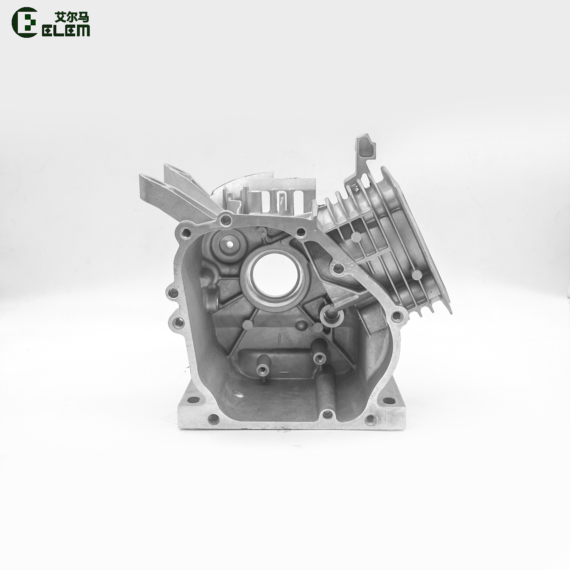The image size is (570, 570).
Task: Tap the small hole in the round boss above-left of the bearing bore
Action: click(x=229, y=244)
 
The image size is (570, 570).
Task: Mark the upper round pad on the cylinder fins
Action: click(x=355, y=237)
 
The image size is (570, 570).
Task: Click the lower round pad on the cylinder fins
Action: click(x=415, y=275)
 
